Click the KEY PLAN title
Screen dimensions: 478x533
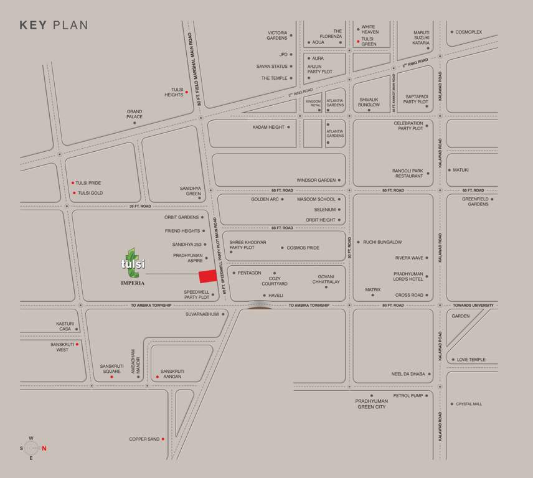[x=54, y=26]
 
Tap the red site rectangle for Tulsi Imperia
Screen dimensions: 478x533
[x=207, y=276]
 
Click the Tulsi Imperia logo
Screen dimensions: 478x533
[x=133, y=266]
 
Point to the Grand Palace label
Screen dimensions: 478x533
[x=134, y=114]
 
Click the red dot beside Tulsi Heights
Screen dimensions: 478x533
[x=186, y=92]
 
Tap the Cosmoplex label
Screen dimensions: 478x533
[x=468, y=32]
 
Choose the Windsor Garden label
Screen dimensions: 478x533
[x=316, y=180]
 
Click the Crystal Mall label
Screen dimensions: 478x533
[x=469, y=404]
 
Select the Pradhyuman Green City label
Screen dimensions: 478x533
[x=371, y=404]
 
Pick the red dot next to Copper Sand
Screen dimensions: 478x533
[x=163, y=439]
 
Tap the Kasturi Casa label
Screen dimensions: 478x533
[x=65, y=326]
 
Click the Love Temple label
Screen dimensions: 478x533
[x=471, y=360]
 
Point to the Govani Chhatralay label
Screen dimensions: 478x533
[x=326, y=279]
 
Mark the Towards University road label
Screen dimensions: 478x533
[x=473, y=306]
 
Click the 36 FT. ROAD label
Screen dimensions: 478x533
[x=141, y=206]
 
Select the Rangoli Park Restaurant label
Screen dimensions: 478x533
[x=408, y=173]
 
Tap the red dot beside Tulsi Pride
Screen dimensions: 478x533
[x=73, y=183]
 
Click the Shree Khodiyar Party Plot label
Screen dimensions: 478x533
[x=247, y=245]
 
